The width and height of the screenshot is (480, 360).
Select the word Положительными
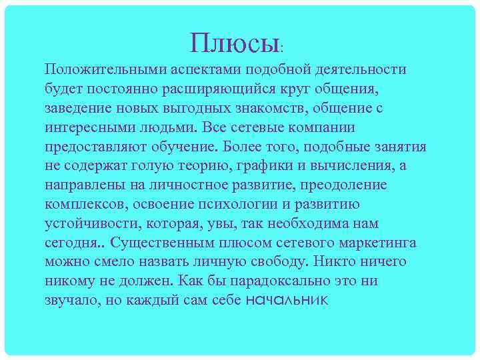point(98,69)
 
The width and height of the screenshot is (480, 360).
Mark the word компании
point(323,127)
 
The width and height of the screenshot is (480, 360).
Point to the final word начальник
point(287,300)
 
